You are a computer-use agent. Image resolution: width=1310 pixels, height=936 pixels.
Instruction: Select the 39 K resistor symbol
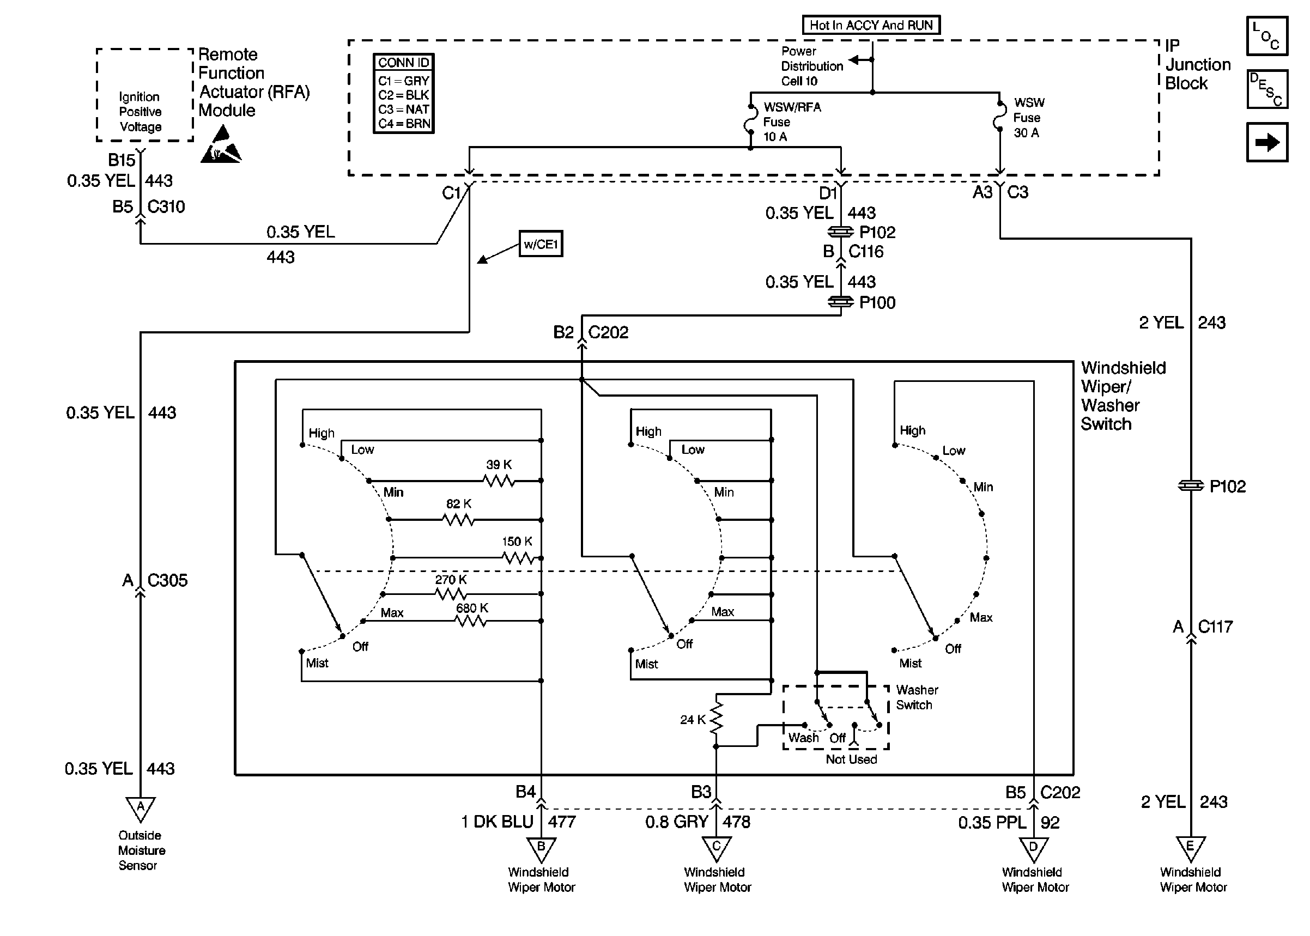tap(499, 480)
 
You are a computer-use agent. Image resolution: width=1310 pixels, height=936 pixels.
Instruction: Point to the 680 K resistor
tap(471, 621)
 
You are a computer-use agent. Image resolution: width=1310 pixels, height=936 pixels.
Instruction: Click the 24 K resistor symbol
tap(716, 719)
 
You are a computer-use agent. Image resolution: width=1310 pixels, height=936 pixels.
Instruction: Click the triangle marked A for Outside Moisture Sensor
tap(141, 808)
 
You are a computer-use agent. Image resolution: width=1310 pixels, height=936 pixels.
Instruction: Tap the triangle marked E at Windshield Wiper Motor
tap(1190, 848)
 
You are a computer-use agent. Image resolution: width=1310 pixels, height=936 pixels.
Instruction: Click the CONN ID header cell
tap(403, 62)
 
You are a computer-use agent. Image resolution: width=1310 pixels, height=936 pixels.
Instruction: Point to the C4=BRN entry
tap(403, 124)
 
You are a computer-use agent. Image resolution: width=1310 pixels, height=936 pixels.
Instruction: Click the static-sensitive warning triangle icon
tap(221, 147)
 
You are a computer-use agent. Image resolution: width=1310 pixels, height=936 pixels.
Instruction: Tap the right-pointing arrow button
tap(1267, 142)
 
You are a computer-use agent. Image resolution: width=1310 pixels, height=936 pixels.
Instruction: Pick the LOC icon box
tap(1267, 36)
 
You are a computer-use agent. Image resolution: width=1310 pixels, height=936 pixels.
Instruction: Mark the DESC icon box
tap(1267, 89)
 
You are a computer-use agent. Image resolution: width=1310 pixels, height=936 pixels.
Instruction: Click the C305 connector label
tap(167, 580)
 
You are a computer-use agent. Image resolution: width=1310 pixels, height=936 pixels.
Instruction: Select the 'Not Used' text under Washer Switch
tap(851, 759)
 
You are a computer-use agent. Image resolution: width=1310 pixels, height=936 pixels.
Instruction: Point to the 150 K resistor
tap(518, 557)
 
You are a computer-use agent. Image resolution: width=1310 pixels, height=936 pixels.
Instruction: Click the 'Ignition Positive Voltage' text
tap(140, 112)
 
